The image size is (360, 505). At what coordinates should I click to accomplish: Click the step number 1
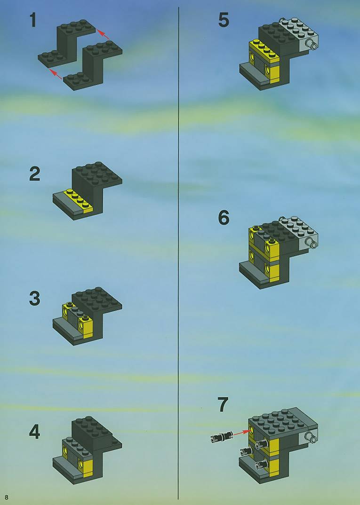point(32,20)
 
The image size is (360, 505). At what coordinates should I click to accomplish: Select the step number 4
point(35,432)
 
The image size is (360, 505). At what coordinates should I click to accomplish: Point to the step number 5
point(224,20)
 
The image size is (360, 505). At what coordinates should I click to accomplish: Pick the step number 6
point(224,218)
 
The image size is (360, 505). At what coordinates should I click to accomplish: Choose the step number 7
point(223,404)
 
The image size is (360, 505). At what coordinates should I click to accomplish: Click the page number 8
point(7,497)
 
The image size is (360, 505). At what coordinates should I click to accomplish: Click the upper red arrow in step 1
point(104,34)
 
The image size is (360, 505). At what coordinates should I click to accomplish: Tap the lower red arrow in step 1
point(56,74)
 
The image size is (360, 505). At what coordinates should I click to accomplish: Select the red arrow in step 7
point(242,432)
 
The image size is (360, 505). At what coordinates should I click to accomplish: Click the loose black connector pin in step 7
point(222,437)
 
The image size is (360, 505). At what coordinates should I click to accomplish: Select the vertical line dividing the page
point(178,253)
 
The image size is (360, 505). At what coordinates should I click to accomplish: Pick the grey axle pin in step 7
point(312,437)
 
